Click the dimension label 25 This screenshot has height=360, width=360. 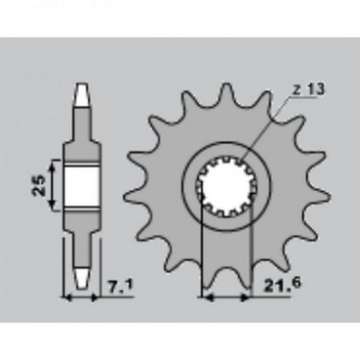coord(39,185)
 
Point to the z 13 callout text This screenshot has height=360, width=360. coord(308,90)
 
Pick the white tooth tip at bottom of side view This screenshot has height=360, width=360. coord(82,277)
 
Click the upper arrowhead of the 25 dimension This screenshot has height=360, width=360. coord(53,165)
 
